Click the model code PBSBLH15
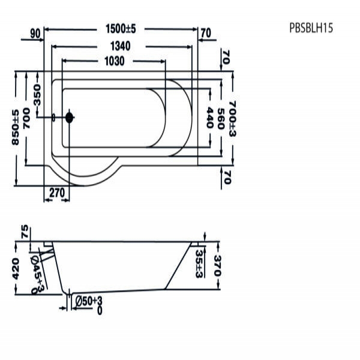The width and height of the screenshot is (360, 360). (x=311, y=28)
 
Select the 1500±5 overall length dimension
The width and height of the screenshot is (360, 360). (x=121, y=29)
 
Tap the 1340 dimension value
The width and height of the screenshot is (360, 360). (x=121, y=46)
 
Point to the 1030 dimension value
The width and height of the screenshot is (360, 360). (x=115, y=61)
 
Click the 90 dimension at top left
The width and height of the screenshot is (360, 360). (x=35, y=34)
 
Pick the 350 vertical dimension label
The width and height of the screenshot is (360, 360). (x=37, y=95)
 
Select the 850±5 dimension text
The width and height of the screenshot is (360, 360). (x=16, y=127)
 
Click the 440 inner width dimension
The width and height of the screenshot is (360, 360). (x=210, y=118)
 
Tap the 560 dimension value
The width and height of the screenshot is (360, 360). (x=220, y=119)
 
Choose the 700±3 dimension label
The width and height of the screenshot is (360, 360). (x=232, y=119)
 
